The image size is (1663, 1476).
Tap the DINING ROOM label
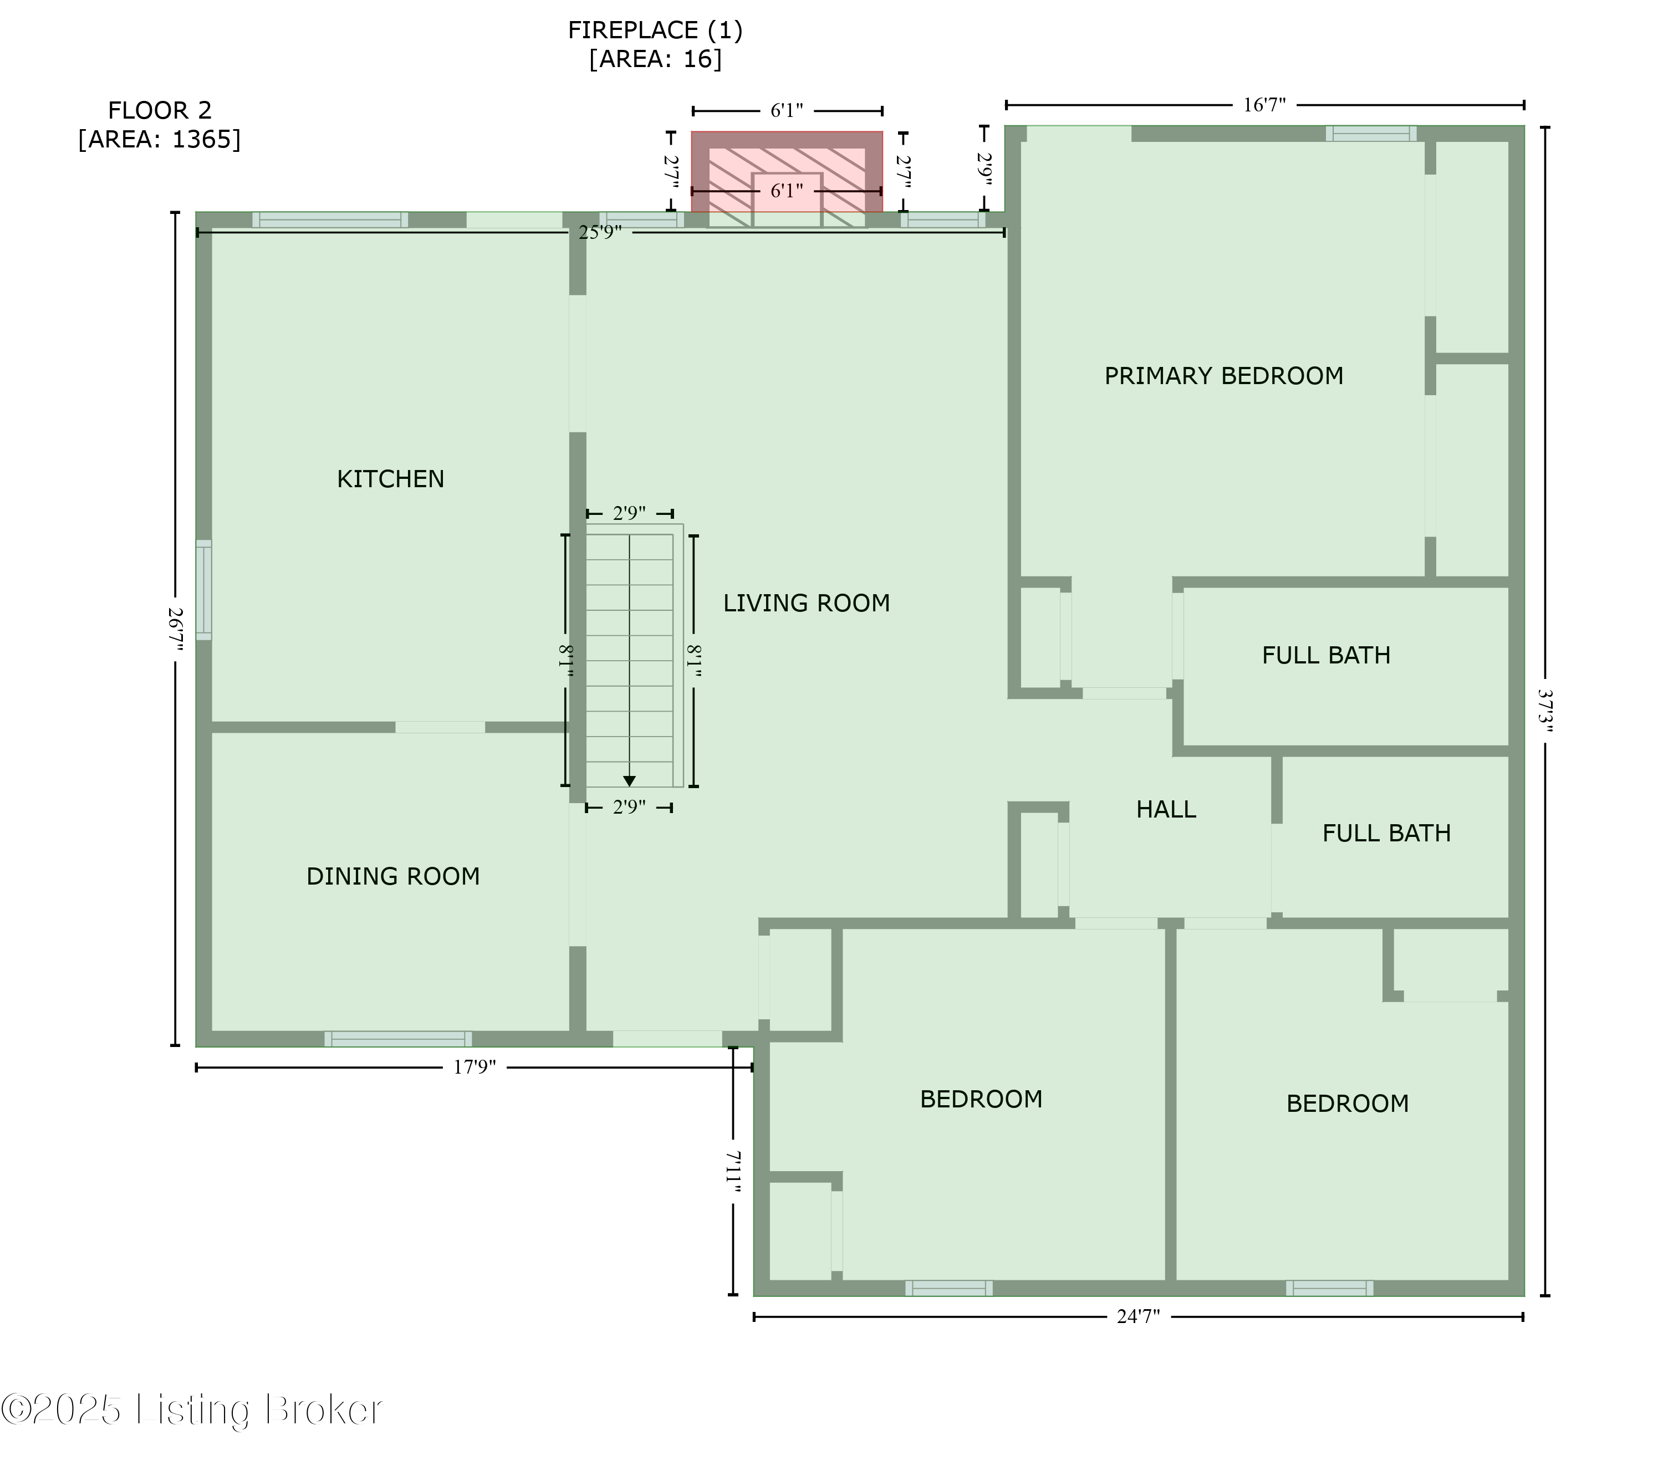pyautogui.click(x=393, y=876)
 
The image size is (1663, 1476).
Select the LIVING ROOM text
pyautogui.click(x=807, y=603)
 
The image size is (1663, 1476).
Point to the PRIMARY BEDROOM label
pyautogui.click(x=1223, y=375)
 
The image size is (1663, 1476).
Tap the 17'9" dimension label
pyautogui.click(x=475, y=1067)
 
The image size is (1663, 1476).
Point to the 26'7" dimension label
pyautogui.click(x=176, y=629)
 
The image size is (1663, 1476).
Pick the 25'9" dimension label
pyautogui.click(x=600, y=233)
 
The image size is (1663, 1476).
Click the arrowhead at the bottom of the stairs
pyautogui.click(x=629, y=781)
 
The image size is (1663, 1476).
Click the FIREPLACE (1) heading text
pyautogui.click(x=655, y=30)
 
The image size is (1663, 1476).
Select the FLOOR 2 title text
pyautogui.click(x=160, y=110)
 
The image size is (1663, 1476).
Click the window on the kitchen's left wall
pyautogui.click(x=203, y=589)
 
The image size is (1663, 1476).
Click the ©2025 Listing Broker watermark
pyautogui.click(x=191, y=1410)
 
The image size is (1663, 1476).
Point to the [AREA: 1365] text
pyautogui.click(x=160, y=139)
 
